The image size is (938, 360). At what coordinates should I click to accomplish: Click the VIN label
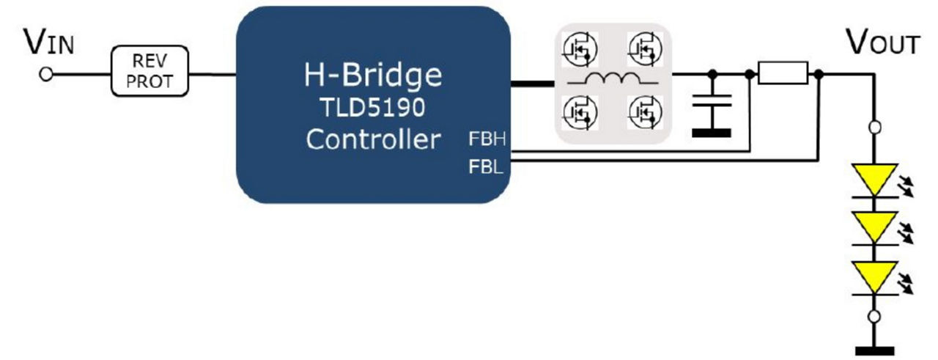49,43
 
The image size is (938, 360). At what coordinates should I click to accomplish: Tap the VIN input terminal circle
47,75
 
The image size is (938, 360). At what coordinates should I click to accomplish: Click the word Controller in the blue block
373,139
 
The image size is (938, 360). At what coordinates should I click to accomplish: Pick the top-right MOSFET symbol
645,48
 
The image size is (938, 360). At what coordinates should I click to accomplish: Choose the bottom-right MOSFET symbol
645,112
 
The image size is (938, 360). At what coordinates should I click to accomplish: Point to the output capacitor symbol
712,110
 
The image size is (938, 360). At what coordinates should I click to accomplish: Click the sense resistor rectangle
783,73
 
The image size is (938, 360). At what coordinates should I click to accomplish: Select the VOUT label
882,43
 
